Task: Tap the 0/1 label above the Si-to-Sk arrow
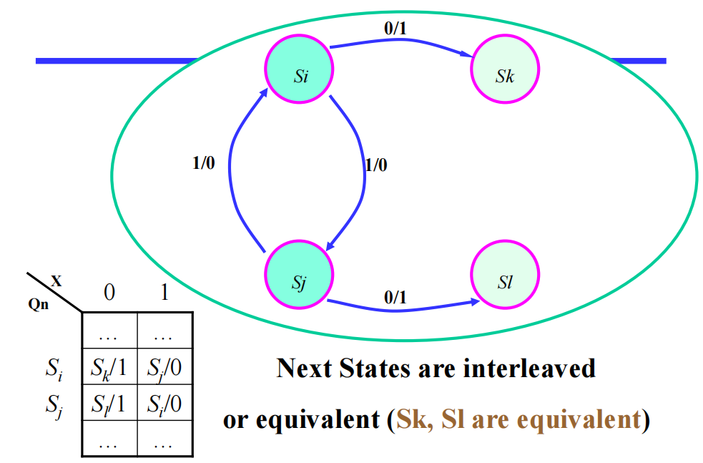395,29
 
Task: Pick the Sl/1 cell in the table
109,404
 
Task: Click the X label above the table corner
56,281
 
